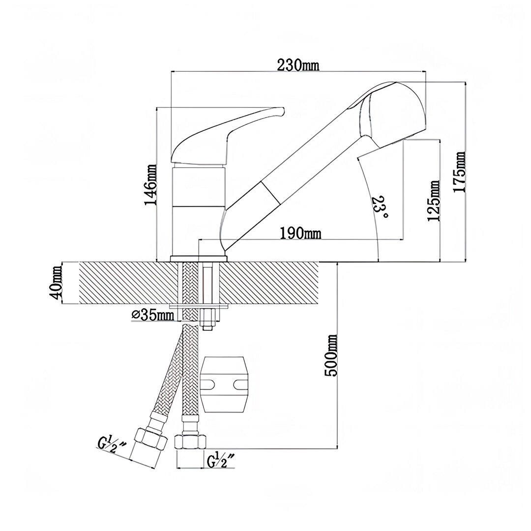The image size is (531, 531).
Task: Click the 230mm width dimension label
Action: [x=298, y=65]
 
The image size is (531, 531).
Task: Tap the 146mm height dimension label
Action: [x=150, y=184]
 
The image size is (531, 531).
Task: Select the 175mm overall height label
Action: [x=459, y=172]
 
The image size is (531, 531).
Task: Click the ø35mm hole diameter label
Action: [x=152, y=315]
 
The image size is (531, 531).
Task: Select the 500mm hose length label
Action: [x=330, y=355]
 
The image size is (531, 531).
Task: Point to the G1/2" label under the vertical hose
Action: [x=220, y=461]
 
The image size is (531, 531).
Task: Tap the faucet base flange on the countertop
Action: [x=199, y=259]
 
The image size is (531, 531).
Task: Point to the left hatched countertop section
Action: [x=128, y=283]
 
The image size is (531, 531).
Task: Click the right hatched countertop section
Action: [x=269, y=283]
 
